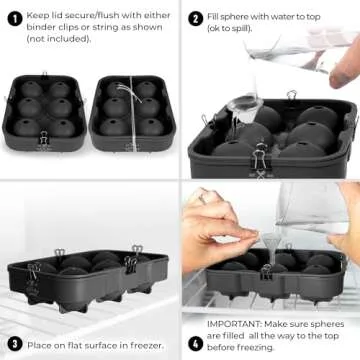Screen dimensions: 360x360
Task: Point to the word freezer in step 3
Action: coord(134,344)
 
